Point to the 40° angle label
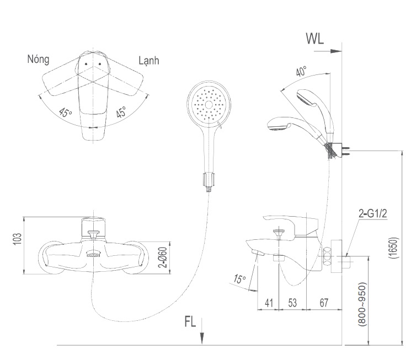click(x=301, y=72)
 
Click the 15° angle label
click(x=239, y=280)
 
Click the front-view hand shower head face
click(x=207, y=104)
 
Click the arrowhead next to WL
click(x=337, y=51)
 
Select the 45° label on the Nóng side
click(x=66, y=114)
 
